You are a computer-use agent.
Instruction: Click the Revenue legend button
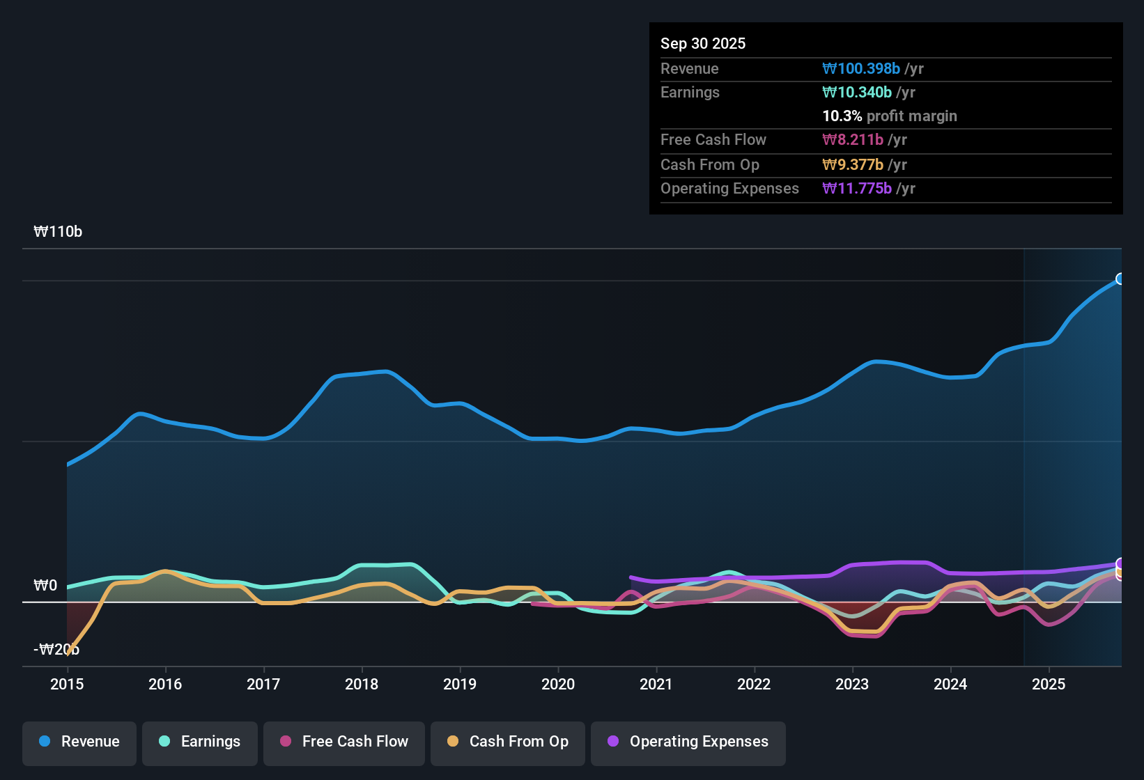point(79,742)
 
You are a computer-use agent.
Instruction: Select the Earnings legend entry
point(200,742)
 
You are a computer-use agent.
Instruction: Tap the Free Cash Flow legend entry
point(344,742)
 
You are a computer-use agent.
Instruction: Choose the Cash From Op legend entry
point(508,742)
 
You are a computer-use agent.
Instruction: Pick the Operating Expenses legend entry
point(688,742)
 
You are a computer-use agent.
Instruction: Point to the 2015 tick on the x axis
point(67,684)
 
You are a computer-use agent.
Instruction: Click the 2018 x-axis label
point(362,684)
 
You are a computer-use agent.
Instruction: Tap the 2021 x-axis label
point(656,684)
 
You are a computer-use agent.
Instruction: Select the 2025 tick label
point(1049,684)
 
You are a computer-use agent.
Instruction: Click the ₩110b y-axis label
point(58,232)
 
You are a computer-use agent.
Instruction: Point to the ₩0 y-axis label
point(45,585)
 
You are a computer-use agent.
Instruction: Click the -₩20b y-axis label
point(56,649)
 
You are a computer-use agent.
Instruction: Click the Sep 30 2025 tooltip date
point(703,43)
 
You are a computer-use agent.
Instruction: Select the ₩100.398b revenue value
point(861,68)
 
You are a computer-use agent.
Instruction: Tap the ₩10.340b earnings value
point(857,92)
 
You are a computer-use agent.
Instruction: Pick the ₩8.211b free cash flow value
point(853,139)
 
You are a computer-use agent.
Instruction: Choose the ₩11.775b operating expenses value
point(857,188)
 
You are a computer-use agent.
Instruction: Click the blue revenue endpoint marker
point(1120,279)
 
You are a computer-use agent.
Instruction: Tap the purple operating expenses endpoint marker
point(1120,563)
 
